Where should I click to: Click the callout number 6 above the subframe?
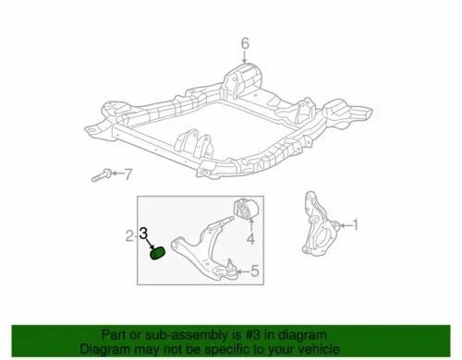pyautogui.click(x=246, y=42)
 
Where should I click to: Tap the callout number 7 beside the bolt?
pyautogui.click(x=128, y=174)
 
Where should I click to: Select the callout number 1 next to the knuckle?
pyautogui.click(x=359, y=223)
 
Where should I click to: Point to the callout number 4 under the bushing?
pyautogui.click(x=249, y=241)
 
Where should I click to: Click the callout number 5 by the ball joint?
pyautogui.click(x=256, y=270)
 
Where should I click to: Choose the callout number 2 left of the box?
pyautogui.click(x=130, y=237)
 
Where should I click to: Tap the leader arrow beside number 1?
pyautogui.click(x=345, y=223)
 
